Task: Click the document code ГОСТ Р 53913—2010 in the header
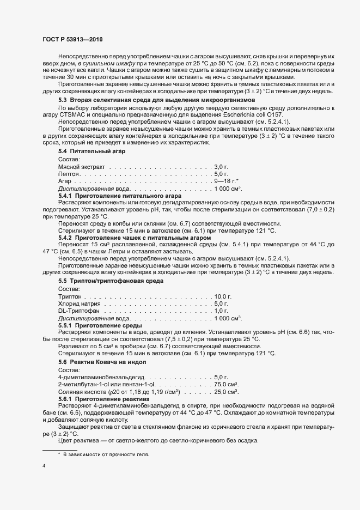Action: tap(72, 40)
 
